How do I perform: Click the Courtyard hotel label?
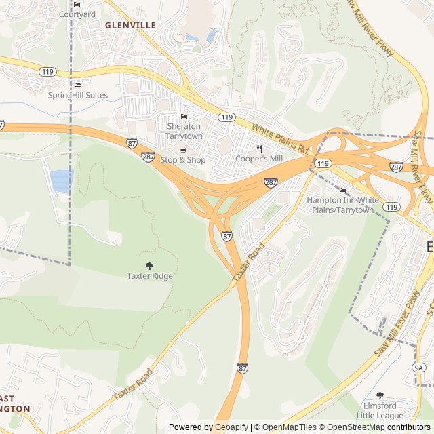[77, 14]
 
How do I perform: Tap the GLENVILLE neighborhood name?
[130, 25]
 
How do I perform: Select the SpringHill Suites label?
[77, 95]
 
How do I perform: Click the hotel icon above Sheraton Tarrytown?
[184, 116]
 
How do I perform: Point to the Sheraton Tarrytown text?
[184, 131]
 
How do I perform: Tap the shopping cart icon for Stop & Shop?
[182, 150]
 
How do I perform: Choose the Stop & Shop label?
[182, 160]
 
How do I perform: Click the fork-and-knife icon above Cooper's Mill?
[258, 149]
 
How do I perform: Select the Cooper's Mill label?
[258, 159]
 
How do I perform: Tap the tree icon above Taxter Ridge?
[149, 266]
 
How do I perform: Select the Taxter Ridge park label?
[149, 276]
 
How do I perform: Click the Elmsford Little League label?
[380, 410]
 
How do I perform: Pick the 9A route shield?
[419, 368]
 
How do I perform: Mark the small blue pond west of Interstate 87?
[60, 180]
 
